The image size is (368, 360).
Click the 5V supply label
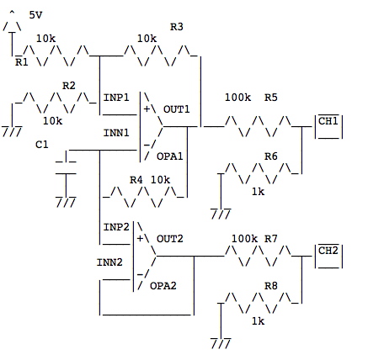pyautogui.click(x=36, y=15)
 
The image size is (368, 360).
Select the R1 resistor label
pyautogui.click(x=22, y=61)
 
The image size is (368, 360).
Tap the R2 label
pyautogui.click(x=69, y=85)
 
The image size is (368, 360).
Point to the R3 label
pyautogui.click(x=177, y=27)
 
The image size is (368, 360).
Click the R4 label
pyautogui.click(x=136, y=180)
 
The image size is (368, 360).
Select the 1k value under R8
pyautogui.click(x=258, y=321)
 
